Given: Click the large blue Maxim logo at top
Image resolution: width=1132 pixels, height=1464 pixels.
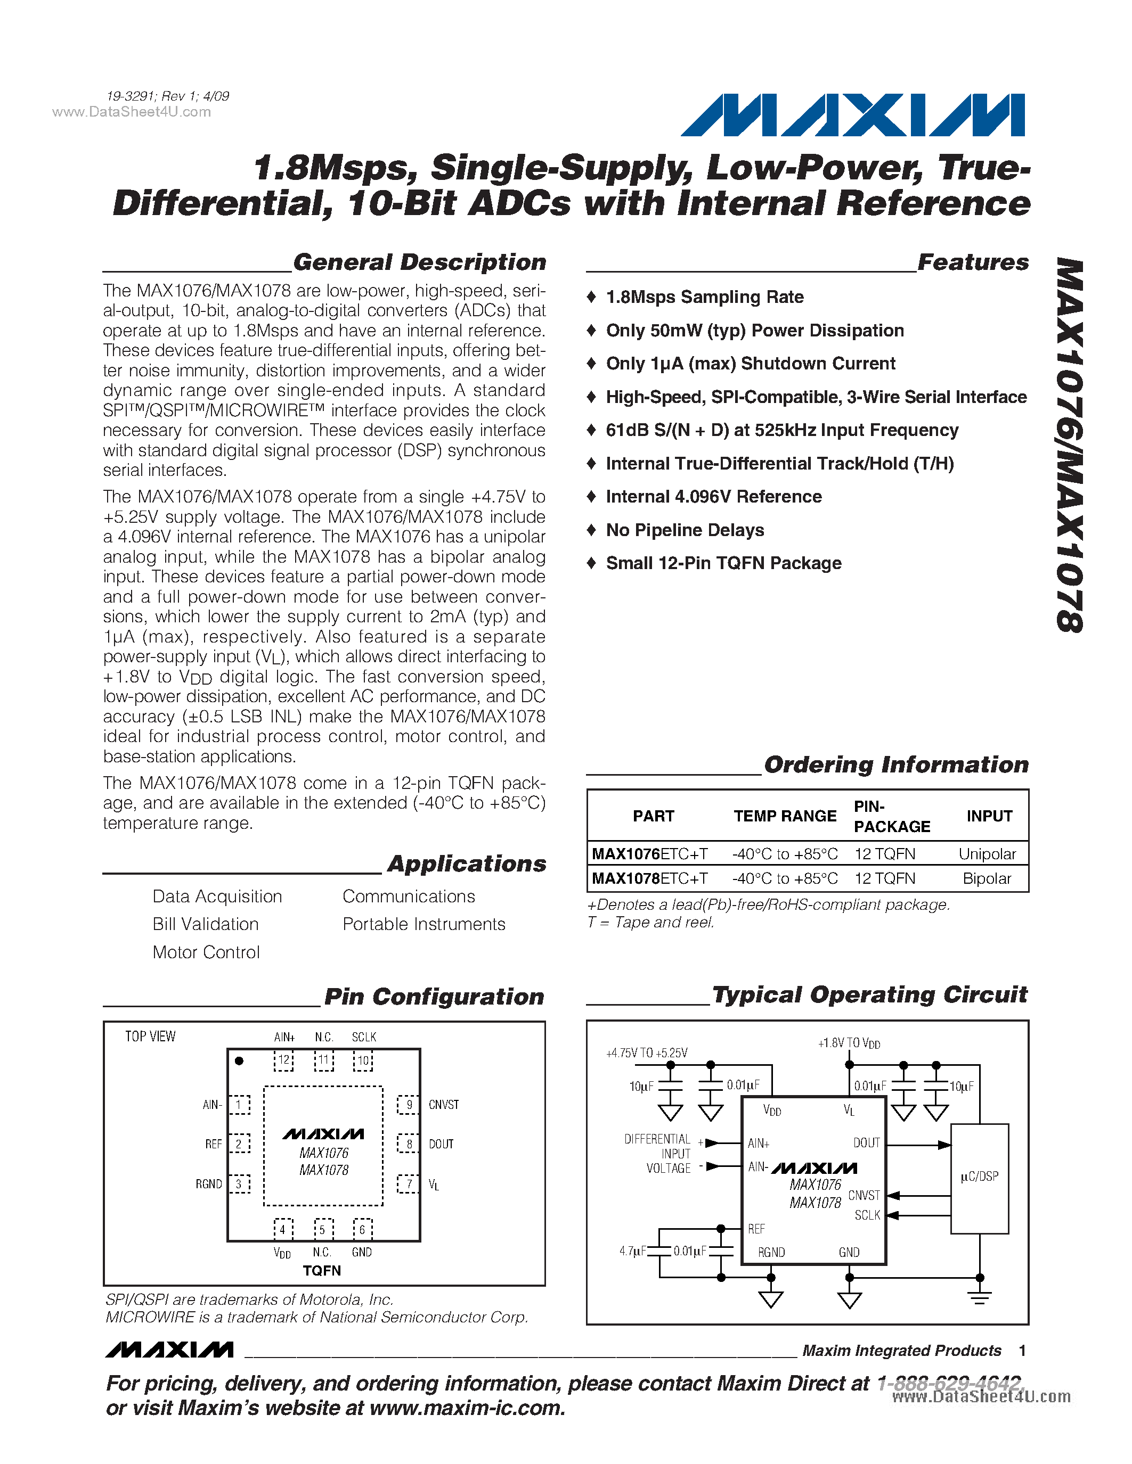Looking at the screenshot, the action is [852, 116].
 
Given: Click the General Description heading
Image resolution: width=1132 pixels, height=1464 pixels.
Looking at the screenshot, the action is [419, 262].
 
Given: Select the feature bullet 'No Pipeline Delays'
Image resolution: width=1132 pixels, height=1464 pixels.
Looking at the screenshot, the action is [684, 530].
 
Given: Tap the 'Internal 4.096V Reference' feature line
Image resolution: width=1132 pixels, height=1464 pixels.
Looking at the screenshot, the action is [713, 497].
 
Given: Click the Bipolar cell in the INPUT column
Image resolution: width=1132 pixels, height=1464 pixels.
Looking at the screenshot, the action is [987, 878].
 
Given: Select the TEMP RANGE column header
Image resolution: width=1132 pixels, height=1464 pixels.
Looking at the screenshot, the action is [785, 816].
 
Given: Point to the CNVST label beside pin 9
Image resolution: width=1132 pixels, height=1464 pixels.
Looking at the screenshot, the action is [443, 1105].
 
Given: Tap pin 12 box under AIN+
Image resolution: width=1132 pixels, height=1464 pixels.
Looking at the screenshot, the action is [284, 1060].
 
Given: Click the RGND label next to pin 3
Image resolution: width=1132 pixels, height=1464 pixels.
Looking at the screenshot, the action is [209, 1185].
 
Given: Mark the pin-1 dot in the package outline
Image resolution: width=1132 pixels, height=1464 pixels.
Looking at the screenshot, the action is [239, 1060].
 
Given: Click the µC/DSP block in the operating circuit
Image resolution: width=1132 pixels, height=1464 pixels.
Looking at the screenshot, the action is [979, 1178].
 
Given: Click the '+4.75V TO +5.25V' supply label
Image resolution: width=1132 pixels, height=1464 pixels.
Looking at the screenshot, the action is [647, 1053].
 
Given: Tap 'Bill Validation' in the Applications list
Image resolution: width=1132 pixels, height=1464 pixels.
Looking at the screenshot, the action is [205, 924].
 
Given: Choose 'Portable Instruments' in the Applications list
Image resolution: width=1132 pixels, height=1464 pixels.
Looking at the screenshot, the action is [424, 924].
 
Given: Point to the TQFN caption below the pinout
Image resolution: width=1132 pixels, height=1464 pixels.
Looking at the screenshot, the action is [322, 1271].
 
